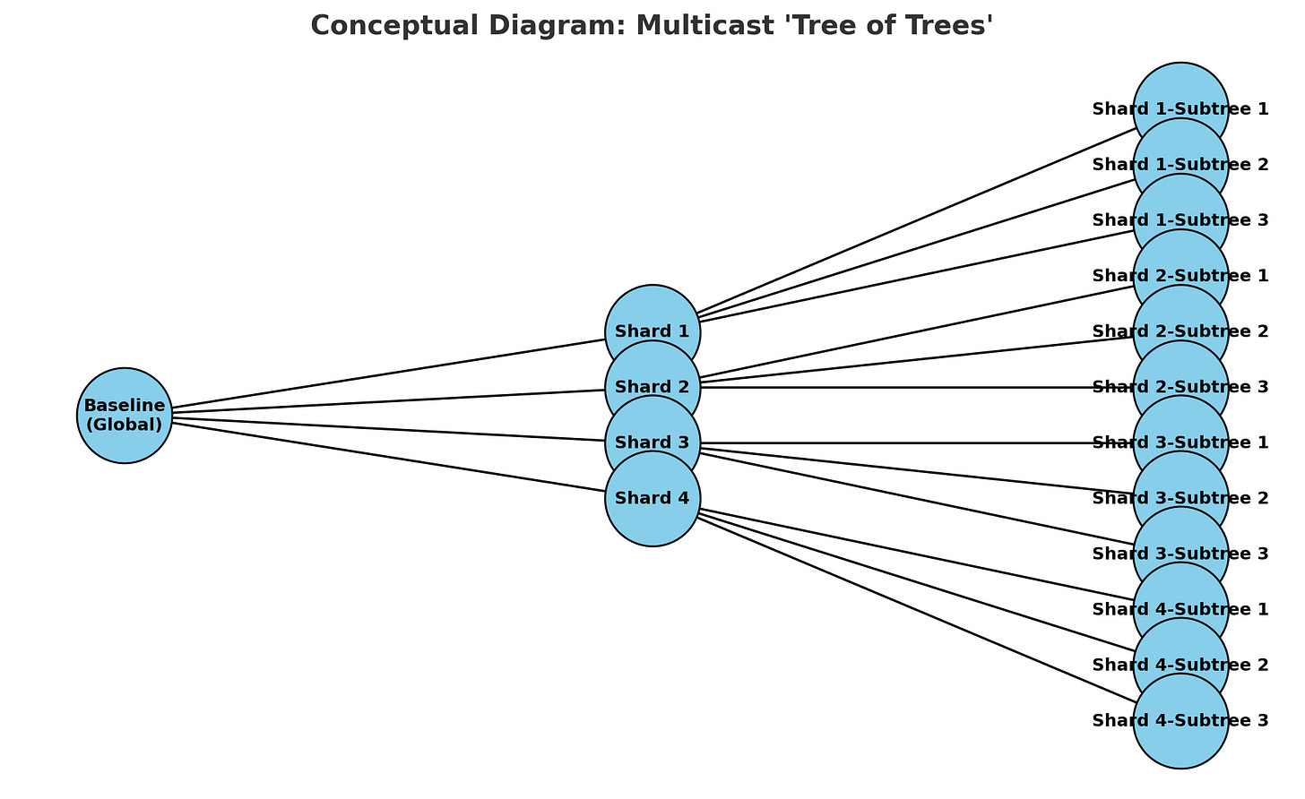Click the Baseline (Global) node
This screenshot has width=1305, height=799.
(125, 416)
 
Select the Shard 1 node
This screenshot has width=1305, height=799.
(652, 331)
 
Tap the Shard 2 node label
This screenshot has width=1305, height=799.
(652, 388)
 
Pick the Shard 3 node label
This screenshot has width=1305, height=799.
(652, 443)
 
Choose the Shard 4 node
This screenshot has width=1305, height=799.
(652, 499)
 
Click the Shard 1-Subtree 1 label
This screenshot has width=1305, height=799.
(1180, 109)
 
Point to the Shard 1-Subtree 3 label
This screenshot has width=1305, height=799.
(1180, 220)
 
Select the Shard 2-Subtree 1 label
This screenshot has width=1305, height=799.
(1180, 276)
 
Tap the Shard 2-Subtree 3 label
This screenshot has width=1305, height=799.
(1180, 387)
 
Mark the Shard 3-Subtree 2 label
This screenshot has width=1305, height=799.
(1180, 498)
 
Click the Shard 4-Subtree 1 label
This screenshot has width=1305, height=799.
(1180, 609)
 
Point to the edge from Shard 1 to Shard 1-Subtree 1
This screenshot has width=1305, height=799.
(914, 224)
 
